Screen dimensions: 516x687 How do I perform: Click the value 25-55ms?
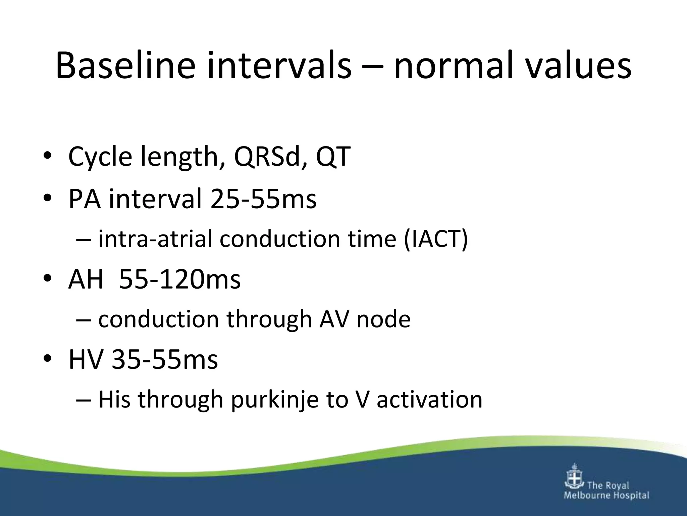263,199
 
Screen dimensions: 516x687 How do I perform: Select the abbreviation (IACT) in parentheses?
435,239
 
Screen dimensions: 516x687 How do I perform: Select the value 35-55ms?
165,360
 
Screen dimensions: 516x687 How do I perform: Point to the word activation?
429,400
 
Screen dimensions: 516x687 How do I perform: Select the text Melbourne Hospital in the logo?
606,496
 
